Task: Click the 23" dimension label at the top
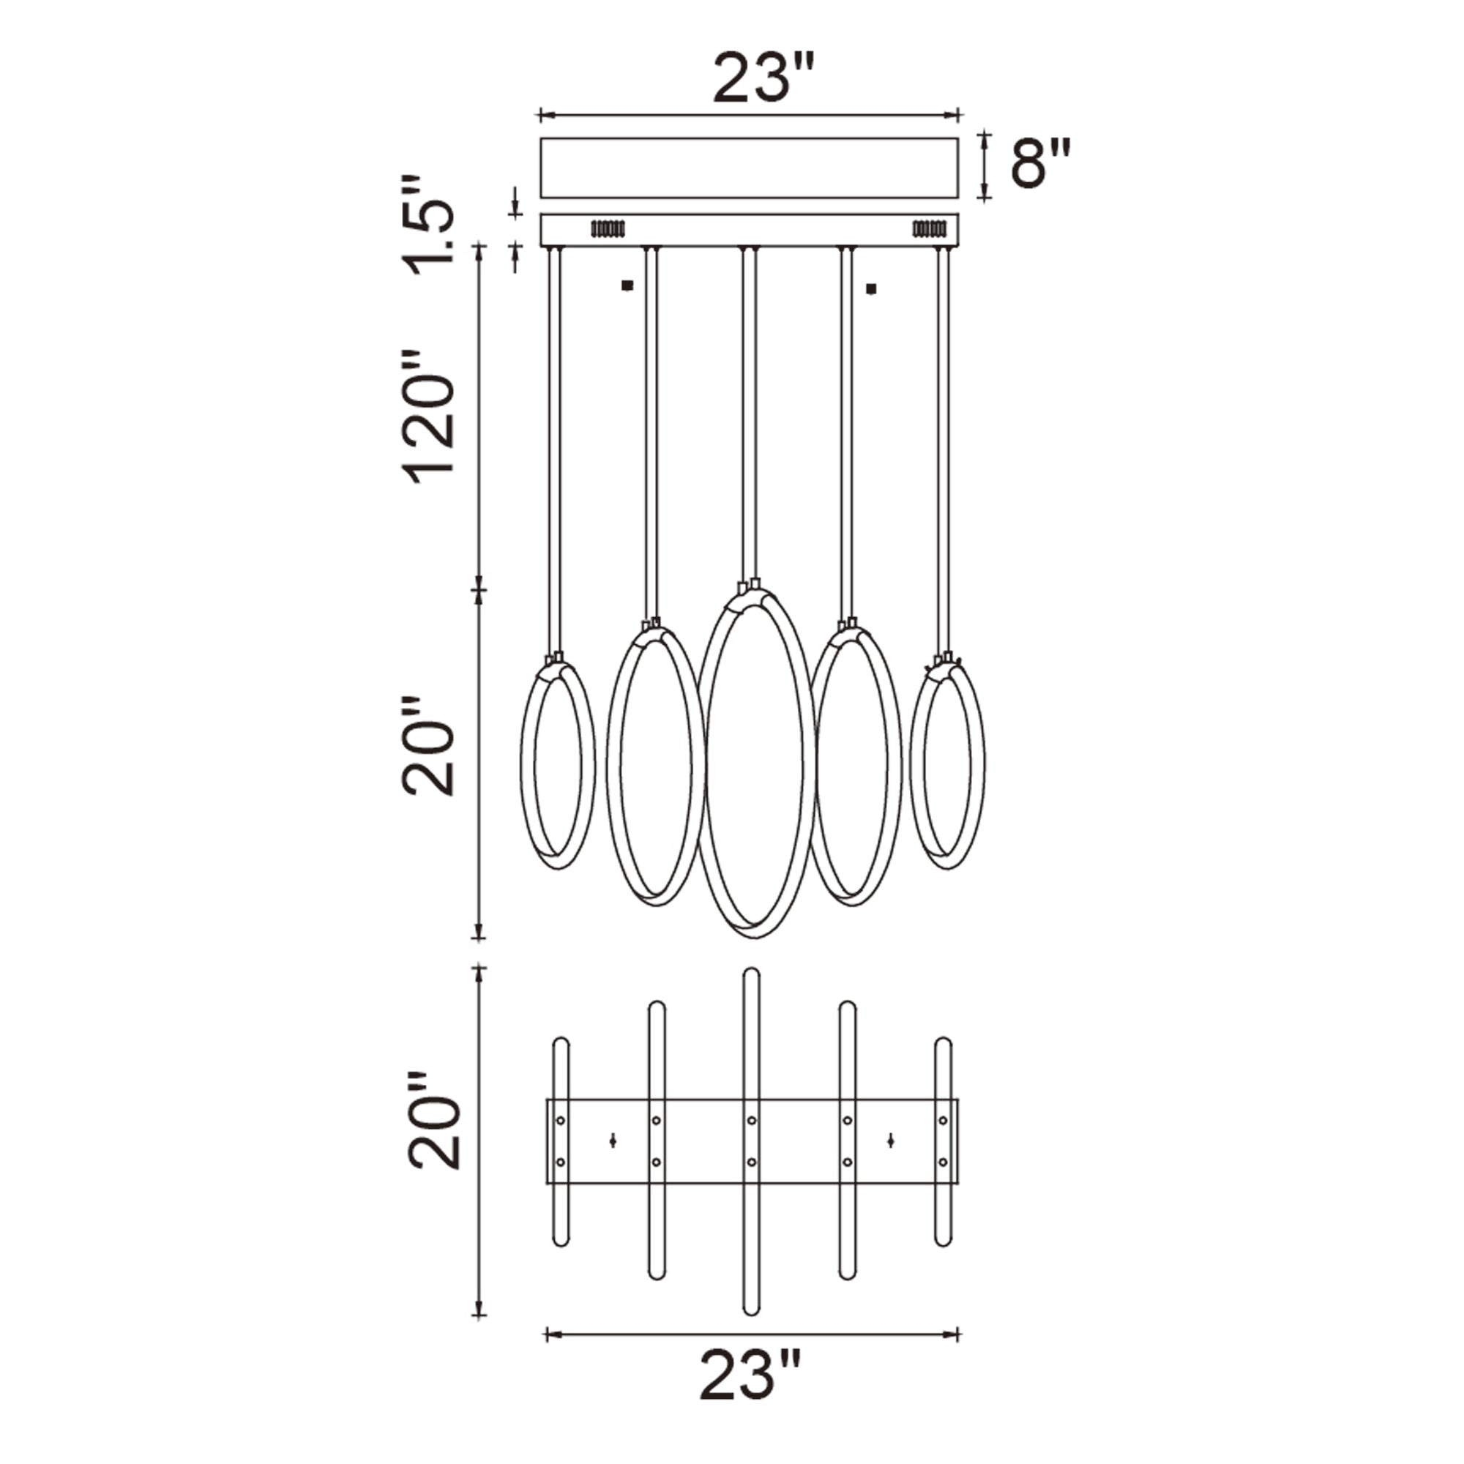pyautogui.click(x=763, y=78)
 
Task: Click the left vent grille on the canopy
pyautogui.click(x=608, y=228)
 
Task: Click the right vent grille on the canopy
pyautogui.click(x=930, y=228)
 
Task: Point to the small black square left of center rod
pyautogui.click(x=626, y=285)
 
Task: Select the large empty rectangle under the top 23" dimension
pyautogui.click(x=749, y=168)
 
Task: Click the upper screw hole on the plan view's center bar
pyautogui.click(x=751, y=1120)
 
